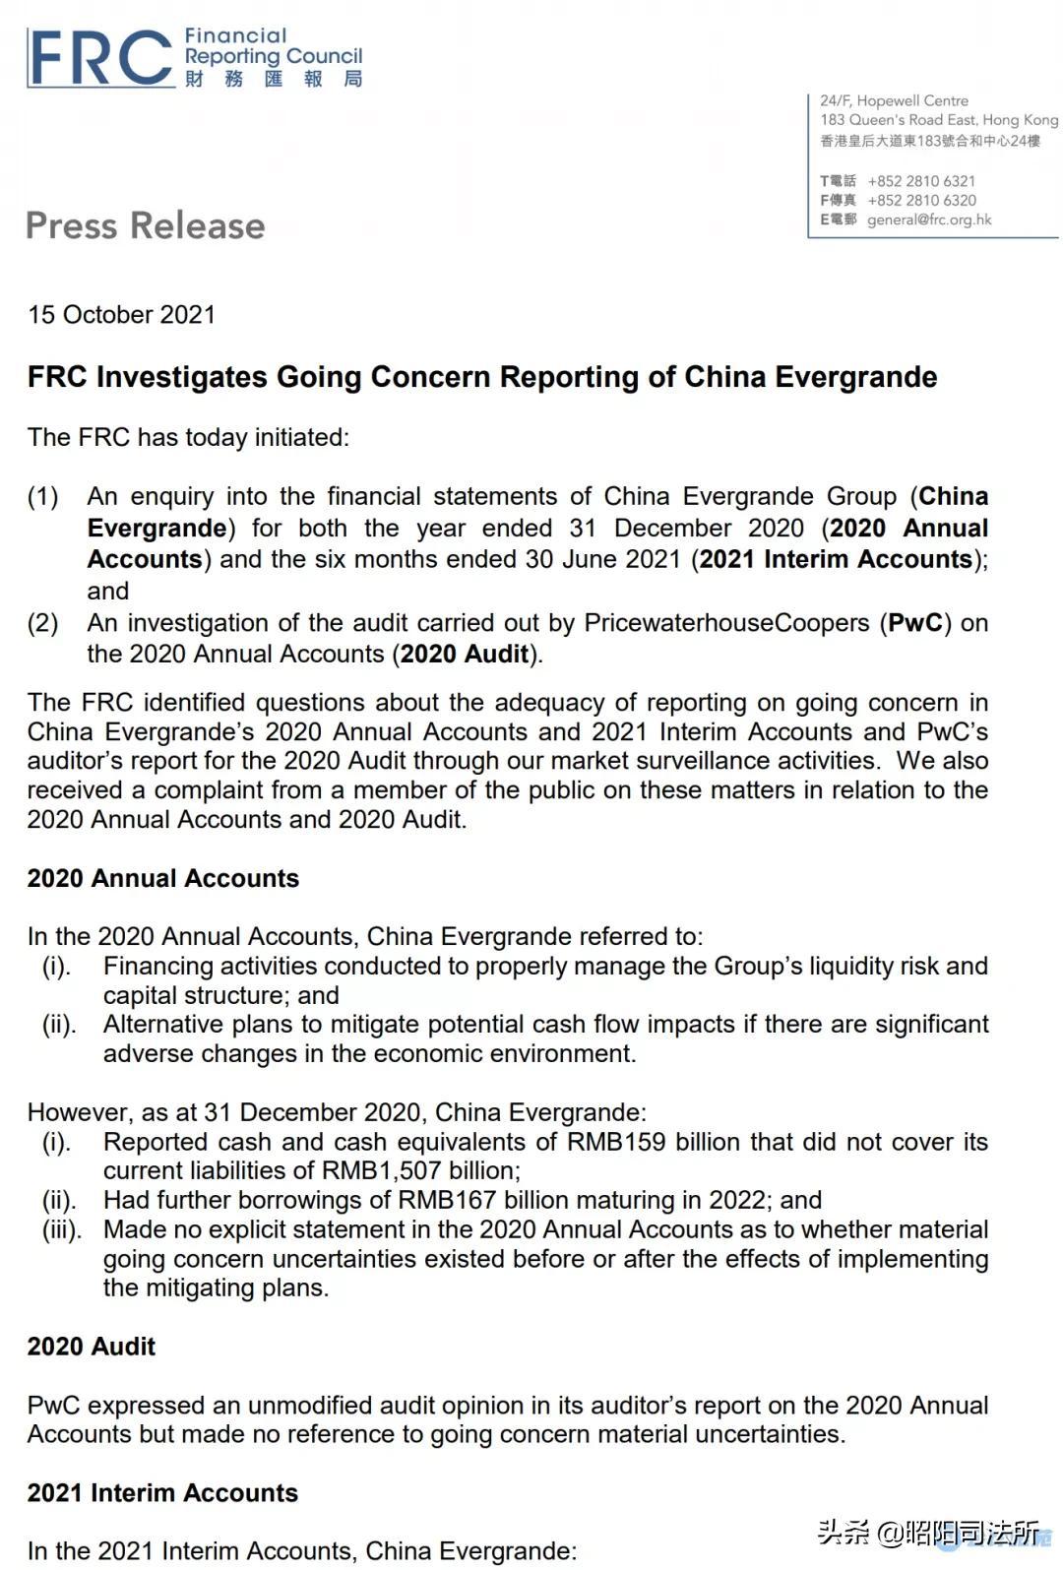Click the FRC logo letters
98,59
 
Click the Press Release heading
146,225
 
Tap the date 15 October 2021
121,314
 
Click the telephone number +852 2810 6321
921,181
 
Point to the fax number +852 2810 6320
921,200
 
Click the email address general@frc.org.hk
929,220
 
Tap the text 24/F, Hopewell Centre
894,100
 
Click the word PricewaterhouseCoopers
726,623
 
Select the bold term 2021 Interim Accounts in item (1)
836,559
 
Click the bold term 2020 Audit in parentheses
465,655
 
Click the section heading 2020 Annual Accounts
163,878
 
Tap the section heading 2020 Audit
92,1347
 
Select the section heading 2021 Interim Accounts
162,1493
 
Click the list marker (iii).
62,1229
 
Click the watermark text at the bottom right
929,1533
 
